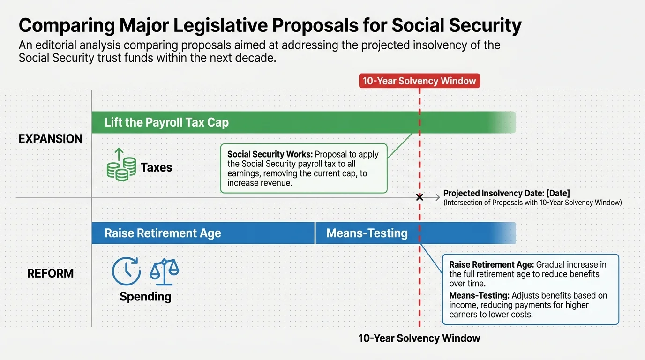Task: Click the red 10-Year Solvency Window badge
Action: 420,81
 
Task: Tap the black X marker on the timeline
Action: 420,198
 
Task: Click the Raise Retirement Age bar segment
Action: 202,233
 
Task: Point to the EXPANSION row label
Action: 50,139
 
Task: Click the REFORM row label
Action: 50,273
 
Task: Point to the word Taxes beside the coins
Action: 157,167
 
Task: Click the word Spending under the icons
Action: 145,296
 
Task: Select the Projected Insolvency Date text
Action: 506,193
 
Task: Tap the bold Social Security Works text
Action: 270,154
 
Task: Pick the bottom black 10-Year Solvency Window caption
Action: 419,338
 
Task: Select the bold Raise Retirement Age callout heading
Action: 491,264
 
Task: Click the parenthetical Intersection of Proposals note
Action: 532,202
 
